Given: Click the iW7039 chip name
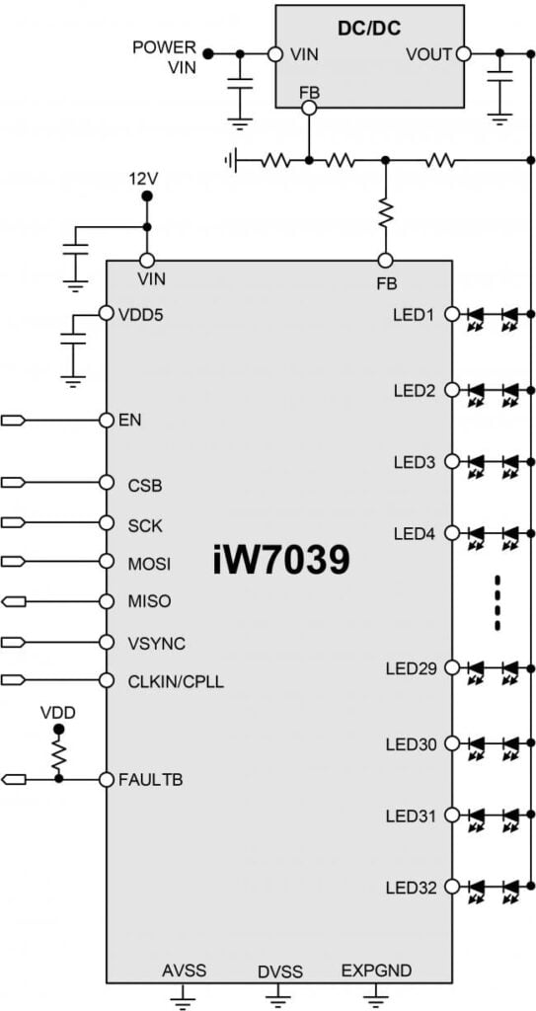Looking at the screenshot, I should tap(280, 561).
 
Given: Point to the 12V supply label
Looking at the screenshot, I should tap(143, 180).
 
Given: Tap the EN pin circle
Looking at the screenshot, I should tap(107, 421).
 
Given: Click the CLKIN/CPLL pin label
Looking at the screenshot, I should tap(176, 680).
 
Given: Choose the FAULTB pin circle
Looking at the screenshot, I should tap(107, 779).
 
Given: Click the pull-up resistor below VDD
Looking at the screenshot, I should tap(58, 756).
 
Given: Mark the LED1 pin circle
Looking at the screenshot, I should tap(452, 315).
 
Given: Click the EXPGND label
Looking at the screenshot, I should tap(371, 971).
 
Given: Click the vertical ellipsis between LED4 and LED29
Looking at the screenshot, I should tap(497, 600).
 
